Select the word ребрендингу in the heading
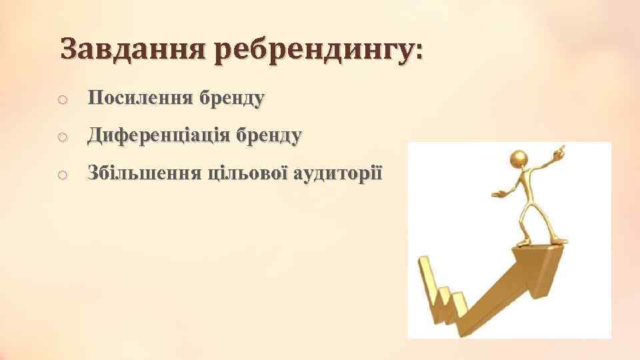click(x=313, y=51)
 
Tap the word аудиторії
click(x=338, y=174)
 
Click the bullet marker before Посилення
click(x=61, y=101)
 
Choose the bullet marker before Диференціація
click(x=61, y=138)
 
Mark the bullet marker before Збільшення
click(x=61, y=175)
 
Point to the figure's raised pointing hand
click(x=560, y=150)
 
